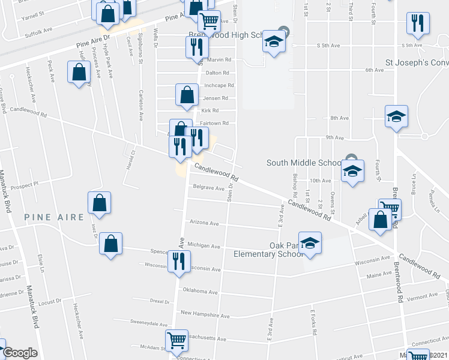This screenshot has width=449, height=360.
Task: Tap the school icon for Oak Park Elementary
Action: (x=310, y=243)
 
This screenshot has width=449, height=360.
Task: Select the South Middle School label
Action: (x=304, y=163)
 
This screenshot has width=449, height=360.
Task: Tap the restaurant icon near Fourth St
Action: (x=417, y=24)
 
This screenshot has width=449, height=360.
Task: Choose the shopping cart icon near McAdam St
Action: (x=177, y=341)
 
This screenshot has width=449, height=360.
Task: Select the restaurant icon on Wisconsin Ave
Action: (x=178, y=262)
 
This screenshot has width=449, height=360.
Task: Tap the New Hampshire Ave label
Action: (x=205, y=314)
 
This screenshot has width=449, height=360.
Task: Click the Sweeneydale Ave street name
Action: (x=149, y=322)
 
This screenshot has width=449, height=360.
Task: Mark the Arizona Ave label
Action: (x=204, y=223)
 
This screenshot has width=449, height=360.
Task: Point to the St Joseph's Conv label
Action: (x=417, y=62)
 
